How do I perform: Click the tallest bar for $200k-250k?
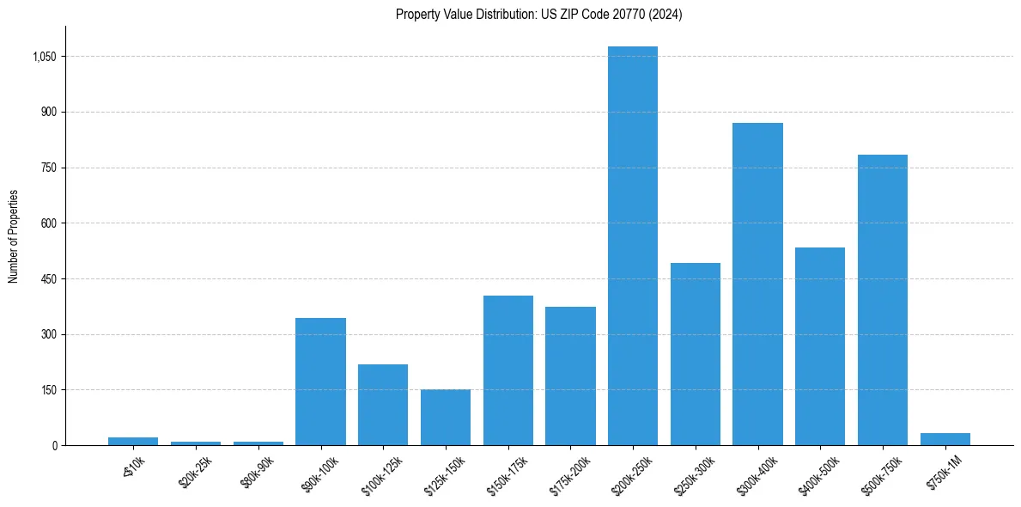[633, 246]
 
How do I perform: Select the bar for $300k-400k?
[757, 284]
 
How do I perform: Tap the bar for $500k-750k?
[882, 300]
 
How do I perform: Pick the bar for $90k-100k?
[320, 382]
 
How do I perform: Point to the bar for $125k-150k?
[446, 418]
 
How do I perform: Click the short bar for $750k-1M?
[945, 439]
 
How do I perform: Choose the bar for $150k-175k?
[507, 370]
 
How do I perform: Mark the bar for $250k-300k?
[695, 354]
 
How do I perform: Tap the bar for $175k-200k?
[570, 376]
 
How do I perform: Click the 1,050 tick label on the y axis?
[45, 57]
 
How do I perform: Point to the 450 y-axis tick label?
[49, 279]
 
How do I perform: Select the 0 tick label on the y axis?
[54, 446]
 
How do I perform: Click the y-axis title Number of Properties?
[13, 236]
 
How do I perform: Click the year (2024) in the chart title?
[666, 15]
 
